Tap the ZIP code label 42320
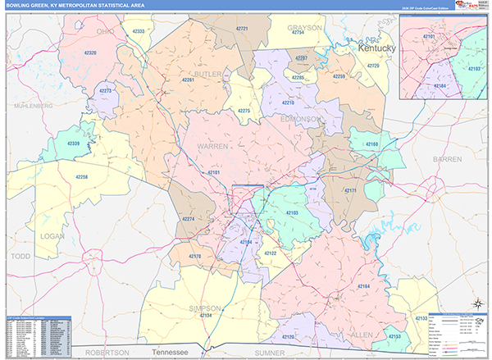pyautogui.click(x=90, y=52)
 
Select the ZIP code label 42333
pyautogui.click(x=139, y=31)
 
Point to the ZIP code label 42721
pyautogui.click(x=243, y=29)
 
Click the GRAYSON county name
pyautogui.click(x=304, y=26)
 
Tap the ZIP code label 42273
pyautogui.click(x=105, y=90)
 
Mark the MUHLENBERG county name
pyautogui.click(x=32, y=106)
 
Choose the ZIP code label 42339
pyautogui.click(x=74, y=144)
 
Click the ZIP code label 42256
pyautogui.click(x=80, y=176)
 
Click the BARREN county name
pyautogui.click(x=448, y=158)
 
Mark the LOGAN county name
pyautogui.click(x=52, y=235)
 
